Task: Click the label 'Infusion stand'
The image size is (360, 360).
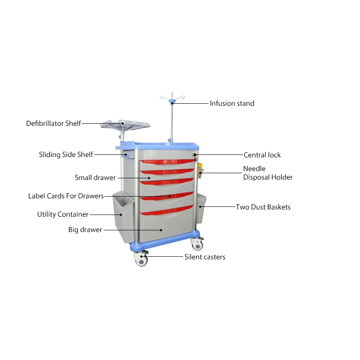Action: pos(232,103)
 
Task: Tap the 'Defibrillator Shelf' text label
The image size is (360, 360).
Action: pos(53,124)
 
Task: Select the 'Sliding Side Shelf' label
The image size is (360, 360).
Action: pos(66,154)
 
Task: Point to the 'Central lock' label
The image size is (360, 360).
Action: pos(262,155)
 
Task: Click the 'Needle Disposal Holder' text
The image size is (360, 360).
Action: pos(268,173)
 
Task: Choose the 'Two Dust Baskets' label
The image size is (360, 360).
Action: pos(263,207)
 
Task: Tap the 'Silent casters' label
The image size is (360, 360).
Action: pos(205,257)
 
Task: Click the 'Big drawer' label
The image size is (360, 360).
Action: pos(85,229)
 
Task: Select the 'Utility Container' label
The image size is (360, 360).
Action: pos(63,214)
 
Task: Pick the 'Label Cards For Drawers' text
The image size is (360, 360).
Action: pos(66,196)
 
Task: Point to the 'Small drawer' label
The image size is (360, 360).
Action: pos(95,177)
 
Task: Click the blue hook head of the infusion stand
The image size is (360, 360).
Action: pos(171,101)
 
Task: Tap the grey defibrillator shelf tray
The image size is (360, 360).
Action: pos(124,124)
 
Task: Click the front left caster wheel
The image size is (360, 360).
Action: pos(141,260)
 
